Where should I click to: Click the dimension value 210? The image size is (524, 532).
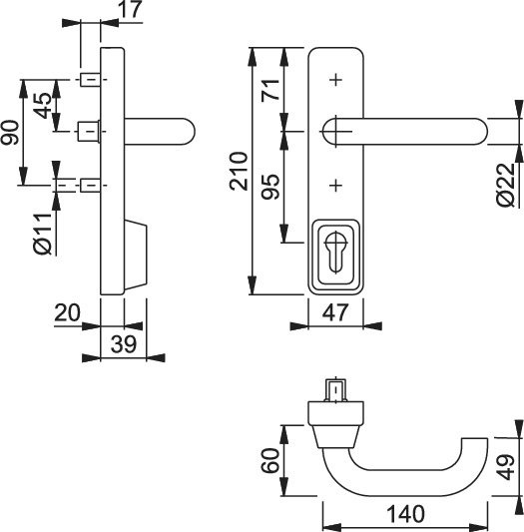coord(239,171)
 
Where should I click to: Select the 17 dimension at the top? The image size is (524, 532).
coord(131,9)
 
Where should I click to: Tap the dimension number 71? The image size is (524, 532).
coord(270,90)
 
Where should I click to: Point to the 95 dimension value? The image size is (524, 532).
coord(270,187)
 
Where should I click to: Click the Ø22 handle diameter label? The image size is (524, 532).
coord(506,185)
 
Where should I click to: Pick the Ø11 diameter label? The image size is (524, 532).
coord(43,235)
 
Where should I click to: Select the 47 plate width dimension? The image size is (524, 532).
coord(335,312)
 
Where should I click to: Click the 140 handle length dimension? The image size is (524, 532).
coord(406,513)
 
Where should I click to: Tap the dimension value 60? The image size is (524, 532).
coord(270,461)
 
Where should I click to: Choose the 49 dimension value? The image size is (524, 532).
coord(507,467)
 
